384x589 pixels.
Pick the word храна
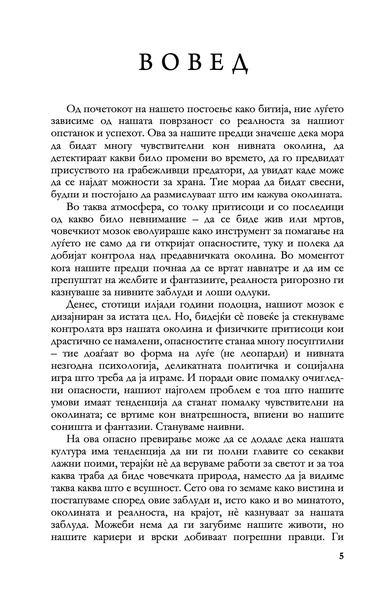click(190, 183)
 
